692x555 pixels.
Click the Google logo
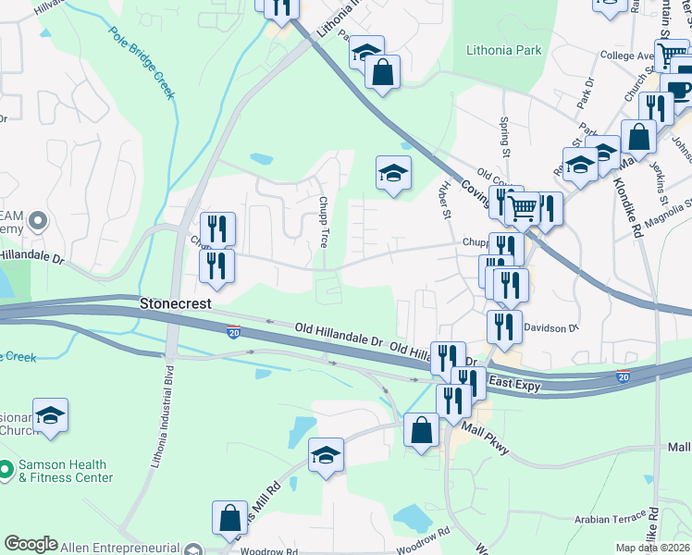(x=31, y=544)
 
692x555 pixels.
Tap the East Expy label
(x=513, y=382)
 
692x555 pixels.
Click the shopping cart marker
(x=524, y=210)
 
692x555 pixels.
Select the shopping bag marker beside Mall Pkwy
(x=421, y=432)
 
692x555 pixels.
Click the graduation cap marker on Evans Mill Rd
(x=326, y=455)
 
